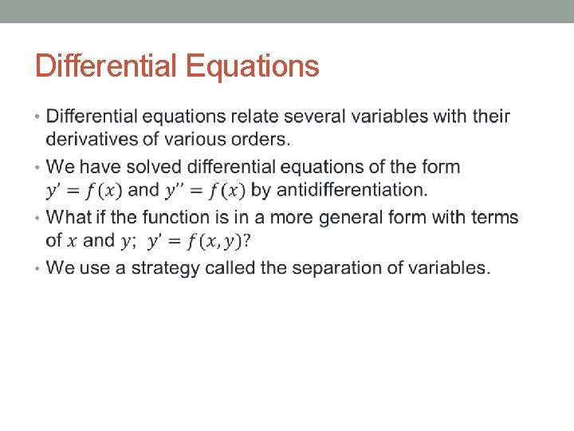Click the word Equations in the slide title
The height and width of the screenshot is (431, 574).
click(x=253, y=66)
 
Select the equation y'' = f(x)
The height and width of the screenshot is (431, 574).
click(x=206, y=190)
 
